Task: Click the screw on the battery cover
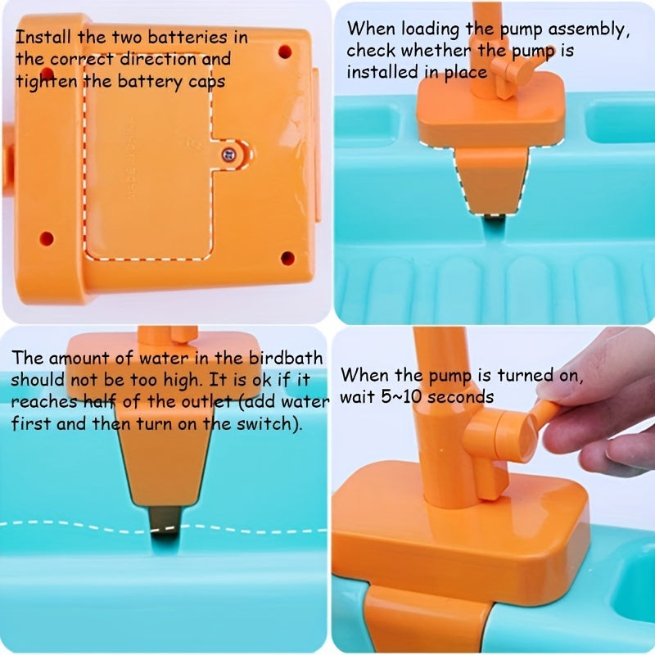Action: click(x=229, y=155)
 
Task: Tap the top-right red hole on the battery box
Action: click(x=285, y=52)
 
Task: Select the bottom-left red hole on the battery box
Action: click(x=47, y=238)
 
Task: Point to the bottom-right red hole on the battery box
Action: click(x=287, y=258)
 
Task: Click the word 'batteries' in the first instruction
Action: click(x=187, y=37)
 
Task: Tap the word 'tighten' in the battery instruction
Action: click(x=47, y=81)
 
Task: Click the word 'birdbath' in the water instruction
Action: click(x=286, y=358)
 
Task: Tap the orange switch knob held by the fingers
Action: click(x=543, y=412)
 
